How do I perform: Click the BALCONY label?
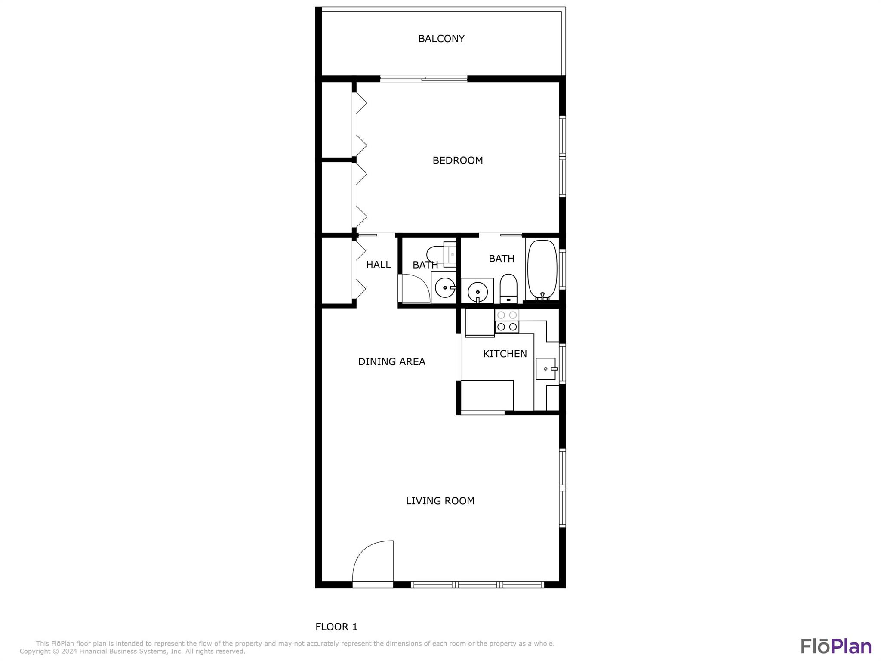pos(441,39)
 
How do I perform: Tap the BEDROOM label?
pos(458,161)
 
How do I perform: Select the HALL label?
pos(379,265)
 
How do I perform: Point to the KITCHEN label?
pos(505,354)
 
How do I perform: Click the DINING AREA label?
pos(392,362)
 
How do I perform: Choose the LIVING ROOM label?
pos(440,501)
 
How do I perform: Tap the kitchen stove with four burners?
pos(507,321)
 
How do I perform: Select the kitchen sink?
pos(546,369)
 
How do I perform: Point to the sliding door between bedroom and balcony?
pos(424,79)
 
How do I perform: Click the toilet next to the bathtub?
pos(508,288)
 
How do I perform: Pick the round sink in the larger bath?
pos(477,292)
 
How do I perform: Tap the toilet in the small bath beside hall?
pos(441,254)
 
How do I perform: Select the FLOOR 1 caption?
pos(336,627)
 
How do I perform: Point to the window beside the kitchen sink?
pos(562,364)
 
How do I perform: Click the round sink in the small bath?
pos(445,287)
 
